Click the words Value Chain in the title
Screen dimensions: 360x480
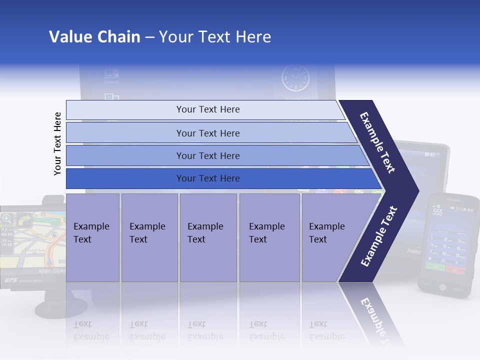pyautogui.click(x=94, y=37)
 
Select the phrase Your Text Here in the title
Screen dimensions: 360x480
pyautogui.click(x=215, y=37)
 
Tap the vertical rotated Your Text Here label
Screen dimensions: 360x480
pyautogui.click(x=57, y=143)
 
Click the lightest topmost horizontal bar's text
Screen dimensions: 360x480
pyautogui.click(x=208, y=109)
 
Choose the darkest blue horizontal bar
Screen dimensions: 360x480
pyautogui.click(x=208, y=178)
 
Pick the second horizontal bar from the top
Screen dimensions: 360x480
pyautogui.click(x=208, y=133)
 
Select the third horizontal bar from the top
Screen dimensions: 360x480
pyautogui.click(x=208, y=156)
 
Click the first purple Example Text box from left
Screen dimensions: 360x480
pyautogui.click(x=92, y=237)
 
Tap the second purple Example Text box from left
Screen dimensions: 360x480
pyautogui.click(x=149, y=237)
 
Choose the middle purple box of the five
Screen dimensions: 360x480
pyautogui.click(x=207, y=237)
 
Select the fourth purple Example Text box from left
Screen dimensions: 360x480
pyautogui.click(x=269, y=237)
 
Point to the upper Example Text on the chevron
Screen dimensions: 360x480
pyautogui.click(x=378, y=142)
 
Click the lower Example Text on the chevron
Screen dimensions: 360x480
pyautogui.click(x=379, y=236)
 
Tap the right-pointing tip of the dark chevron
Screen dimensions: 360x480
pyautogui.click(x=416, y=190)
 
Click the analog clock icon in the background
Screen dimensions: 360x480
pyautogui.click(x=295, y=78)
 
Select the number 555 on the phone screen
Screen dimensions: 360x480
pyautogui.click(x=437, y=212)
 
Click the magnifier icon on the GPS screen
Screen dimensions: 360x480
pyautogui.click(x=7, y=218)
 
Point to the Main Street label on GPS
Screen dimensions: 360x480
pyautogui.click(x=52, y=270)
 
